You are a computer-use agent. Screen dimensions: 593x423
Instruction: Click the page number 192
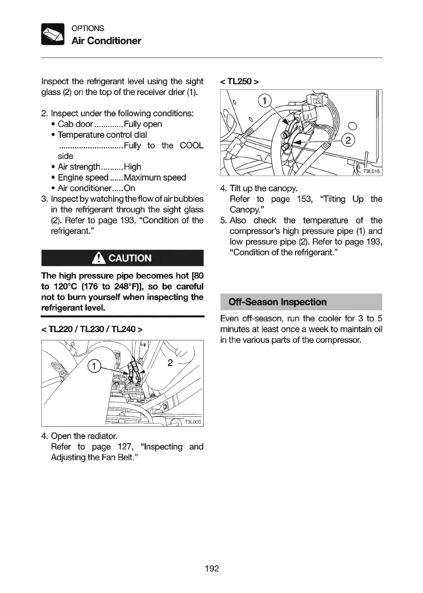[x=212, y=568]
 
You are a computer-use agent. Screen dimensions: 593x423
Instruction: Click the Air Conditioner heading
[x=106, y=41]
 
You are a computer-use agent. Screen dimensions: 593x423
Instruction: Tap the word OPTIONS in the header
[x=87, y=29]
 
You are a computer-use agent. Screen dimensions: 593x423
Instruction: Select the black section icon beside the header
[x=53, y=34]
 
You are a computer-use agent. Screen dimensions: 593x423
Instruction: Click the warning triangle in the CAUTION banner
[x=101, y=258]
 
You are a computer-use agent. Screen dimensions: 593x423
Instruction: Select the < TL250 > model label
[x=240, y=81]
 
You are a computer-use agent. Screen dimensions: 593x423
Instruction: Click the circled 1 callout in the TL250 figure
[x=264, y=101]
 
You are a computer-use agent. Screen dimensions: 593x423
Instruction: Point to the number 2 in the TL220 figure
[x=169, y=362]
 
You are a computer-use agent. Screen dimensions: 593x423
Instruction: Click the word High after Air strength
[x=132, y=167]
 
